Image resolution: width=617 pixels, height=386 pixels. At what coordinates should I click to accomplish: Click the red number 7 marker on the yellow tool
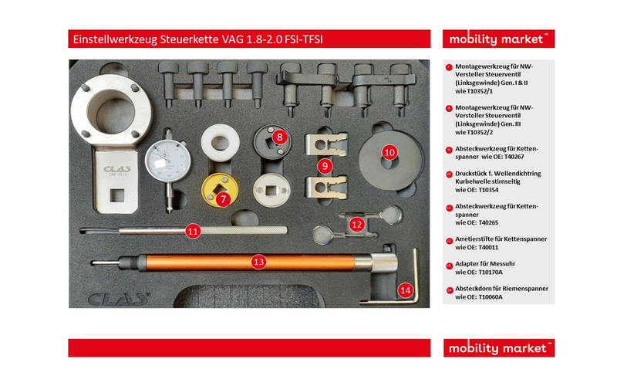pyautogui.click(x=223, y=199)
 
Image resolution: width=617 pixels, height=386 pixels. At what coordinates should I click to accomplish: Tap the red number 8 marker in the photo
pyautogui.click(x=280, y=137)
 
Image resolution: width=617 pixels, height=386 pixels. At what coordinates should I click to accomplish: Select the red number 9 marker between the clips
pyautogui.click(x=325, y=165)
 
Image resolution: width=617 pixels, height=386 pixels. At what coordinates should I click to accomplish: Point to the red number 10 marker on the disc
pyautogui.click(x=390, y=153)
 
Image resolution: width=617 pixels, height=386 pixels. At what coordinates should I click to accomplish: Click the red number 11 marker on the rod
pyautogui.click(x=194, y=230)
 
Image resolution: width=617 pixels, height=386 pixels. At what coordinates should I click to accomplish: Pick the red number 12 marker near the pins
pyautogui.click(x=356, y=225)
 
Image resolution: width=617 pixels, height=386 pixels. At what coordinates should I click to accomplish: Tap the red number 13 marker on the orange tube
pyautogui.click(x=258, y=262)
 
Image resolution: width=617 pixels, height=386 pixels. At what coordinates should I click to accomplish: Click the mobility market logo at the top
pyautogui.click(x=498, y=39)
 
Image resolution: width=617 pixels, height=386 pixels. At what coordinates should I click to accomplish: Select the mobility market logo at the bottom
pyautogui.click(x=498, y=348)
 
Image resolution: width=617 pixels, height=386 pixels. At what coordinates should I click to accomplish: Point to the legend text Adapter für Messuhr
pyautogui.click(x=487, y=264)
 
